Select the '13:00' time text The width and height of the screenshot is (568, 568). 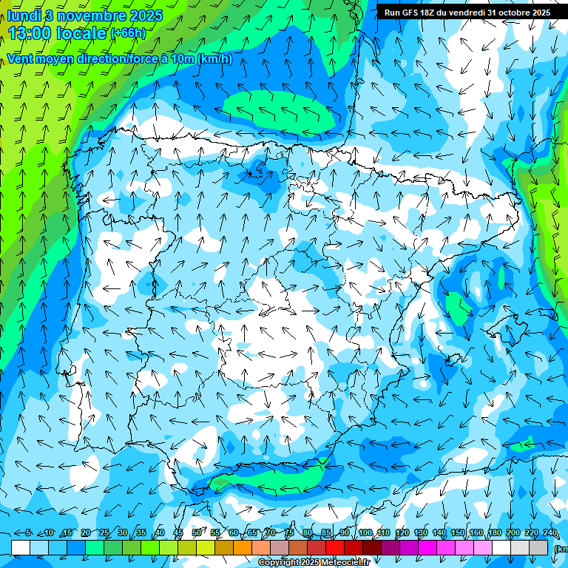pyautogui.click(x=29, y=33)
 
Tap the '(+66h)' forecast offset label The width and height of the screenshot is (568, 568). pyautogui.click(x=128, y=33)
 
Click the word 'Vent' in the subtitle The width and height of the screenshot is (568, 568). pyautogui.click(x=21, y=58)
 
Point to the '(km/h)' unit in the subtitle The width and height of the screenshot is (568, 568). pyautogui.click(x=214, y=58)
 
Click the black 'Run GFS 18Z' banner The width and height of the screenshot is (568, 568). pyautogui.click(x=467, y=13)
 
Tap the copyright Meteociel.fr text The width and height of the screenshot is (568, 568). pyautogui.click(x=314, y=562)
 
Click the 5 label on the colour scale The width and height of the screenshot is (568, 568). pyautogui.click(x=28, y=533)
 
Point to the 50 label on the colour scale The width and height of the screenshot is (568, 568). pyautogui.click(x=196, y=533)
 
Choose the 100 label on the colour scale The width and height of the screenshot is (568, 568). pyautogui.click(x=365, y=533)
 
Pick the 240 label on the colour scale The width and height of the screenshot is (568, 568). pyautogui.click(x=550, y=533)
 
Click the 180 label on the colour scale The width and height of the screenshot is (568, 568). pyautogui.click(x=495, y=533)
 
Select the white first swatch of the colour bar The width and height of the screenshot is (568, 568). pyautogui.click(x=21, y=547)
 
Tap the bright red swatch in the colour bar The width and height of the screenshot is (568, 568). pyautogui.click(x=336, y=547)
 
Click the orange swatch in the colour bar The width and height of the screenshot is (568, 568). pyautogui.click(x=243, y=547)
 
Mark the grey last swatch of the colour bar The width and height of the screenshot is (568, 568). pyautogui.click(x=539, y=547)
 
